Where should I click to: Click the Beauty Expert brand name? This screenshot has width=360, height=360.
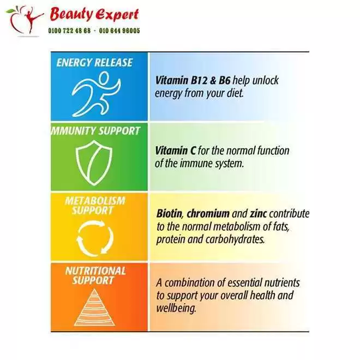click(x=94, y=15)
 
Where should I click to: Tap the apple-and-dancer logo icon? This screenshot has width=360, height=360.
click(x=25, y=21)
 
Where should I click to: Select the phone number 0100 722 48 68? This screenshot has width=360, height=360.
click(x=69, y=31)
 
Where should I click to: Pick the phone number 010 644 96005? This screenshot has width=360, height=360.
click(x=119, y=31)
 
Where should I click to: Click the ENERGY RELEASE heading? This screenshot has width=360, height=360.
click(x=94, y=63)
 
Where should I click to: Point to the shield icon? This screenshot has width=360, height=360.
click(x=94, y=163)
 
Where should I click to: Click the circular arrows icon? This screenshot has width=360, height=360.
click(x=95, y=238)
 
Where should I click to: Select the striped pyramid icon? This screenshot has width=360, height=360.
click(x=94, y=307)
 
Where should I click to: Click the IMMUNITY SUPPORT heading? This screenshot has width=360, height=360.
click(x=95, y=131)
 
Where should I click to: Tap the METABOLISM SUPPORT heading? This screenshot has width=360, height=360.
click(x=95, y=206)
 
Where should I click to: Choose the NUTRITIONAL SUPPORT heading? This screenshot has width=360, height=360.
click(x=95, y=275)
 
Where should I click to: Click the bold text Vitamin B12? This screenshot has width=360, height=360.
click(x=182, y=81)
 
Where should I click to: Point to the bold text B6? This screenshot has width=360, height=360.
click(x=224, y=81)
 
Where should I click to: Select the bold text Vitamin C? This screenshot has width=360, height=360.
click(x=176, y=151)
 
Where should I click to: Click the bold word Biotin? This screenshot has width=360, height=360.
click(x=169, y=213)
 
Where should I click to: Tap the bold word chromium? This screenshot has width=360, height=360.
click(x=208, y=214)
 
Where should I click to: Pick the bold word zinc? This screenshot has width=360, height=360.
click(x=259, y=214)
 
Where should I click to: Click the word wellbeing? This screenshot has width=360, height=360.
click(x=176, y=308)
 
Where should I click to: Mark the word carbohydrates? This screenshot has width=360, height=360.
click(x=235, y=239)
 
